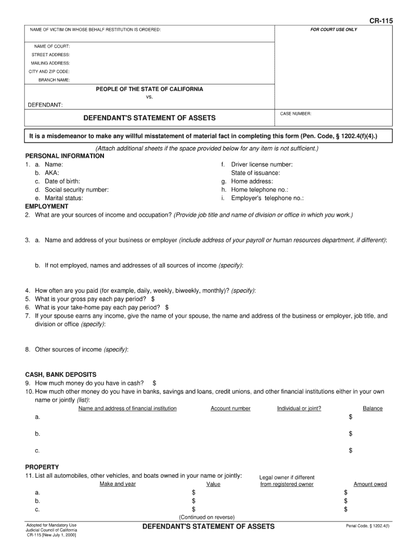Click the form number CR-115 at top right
381,21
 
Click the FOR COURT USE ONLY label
334,29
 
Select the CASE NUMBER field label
296,114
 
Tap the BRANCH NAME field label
54,80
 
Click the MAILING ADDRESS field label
50,63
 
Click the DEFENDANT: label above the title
45,104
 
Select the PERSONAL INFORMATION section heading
64,156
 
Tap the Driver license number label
262,164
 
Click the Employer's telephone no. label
267,199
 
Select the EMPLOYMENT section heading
47,207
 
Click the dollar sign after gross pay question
153,299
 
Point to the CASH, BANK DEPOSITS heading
61,374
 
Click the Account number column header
231,408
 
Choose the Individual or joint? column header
299,408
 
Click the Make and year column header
118,484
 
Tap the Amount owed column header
370,484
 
